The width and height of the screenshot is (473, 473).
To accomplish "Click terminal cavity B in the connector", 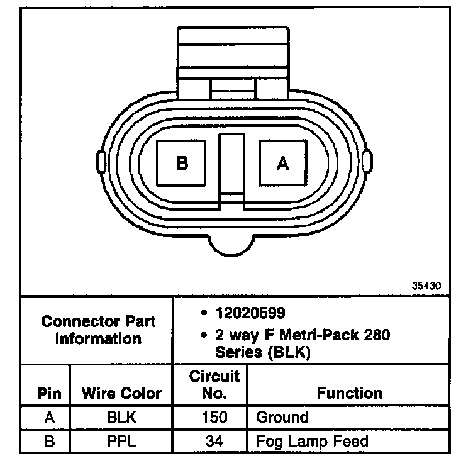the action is pos(181,163).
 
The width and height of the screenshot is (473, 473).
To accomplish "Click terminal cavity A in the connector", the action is pos(283,163).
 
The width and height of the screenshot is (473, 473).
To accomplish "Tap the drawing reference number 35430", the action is pos(426,286).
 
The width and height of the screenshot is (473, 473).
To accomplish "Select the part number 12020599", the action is pos(250,313).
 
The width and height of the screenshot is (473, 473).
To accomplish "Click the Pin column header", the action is pos(50,394).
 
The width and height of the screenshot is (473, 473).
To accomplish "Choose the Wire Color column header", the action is pos(121,393).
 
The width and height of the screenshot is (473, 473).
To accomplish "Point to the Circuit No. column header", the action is pos(214,384).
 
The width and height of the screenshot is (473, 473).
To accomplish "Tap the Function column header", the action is pos(349,393).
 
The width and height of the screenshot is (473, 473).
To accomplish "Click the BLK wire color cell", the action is pos(122,418).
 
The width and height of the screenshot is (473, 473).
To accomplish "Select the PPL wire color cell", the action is pos(122,442).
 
